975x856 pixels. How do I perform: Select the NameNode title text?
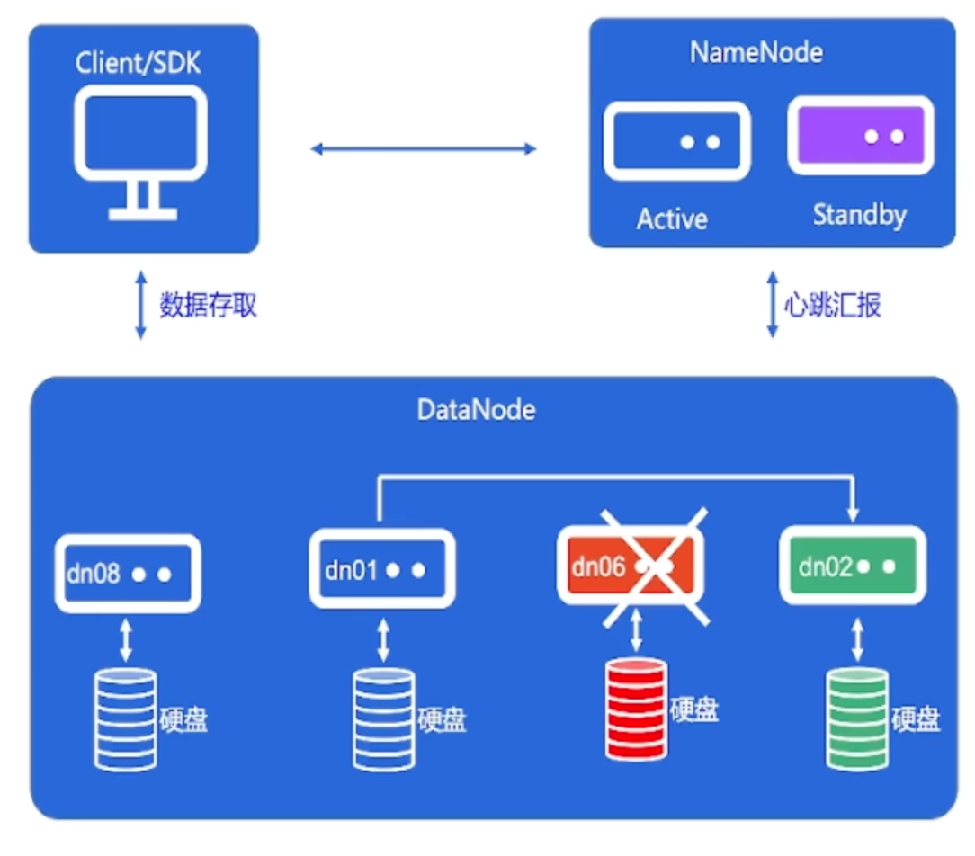pyautogui.click(x=756, y=52)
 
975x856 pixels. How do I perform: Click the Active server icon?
pyautogui.click(x=677, y=142)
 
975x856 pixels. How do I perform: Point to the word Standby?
pyautogui.click(x=859, y=216)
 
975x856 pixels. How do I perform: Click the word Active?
pyautogui.click(x=672, y=219)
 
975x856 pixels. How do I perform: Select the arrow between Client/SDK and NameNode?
pyautogui.click(x=424, y=148)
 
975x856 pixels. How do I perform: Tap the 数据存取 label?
pyautogui.click(x=208, y=306)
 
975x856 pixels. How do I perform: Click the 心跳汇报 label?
pyautogui.click(x=832, y=305)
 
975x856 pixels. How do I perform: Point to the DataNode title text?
pyautogui.click(x=476, y=410)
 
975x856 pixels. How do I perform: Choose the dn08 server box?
pyautogui.click(x=127, y=574)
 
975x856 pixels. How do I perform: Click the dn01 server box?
pyautogui.click(x=382, y=569)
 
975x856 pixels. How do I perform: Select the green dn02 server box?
pyautogui.click(x=852, y=566)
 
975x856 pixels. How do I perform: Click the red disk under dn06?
pyautogui.click(x=636, y=709)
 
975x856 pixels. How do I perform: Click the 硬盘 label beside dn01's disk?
pyautogui.click(x=442, y=720)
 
